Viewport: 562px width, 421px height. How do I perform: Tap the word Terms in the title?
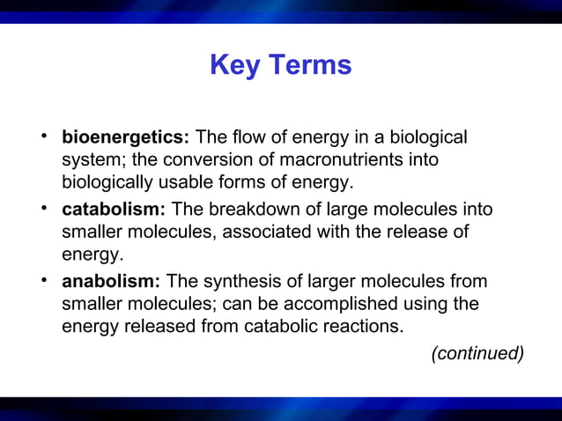click(x=309, y=65)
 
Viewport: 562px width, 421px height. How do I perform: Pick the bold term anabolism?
click(x=111, y=281)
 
